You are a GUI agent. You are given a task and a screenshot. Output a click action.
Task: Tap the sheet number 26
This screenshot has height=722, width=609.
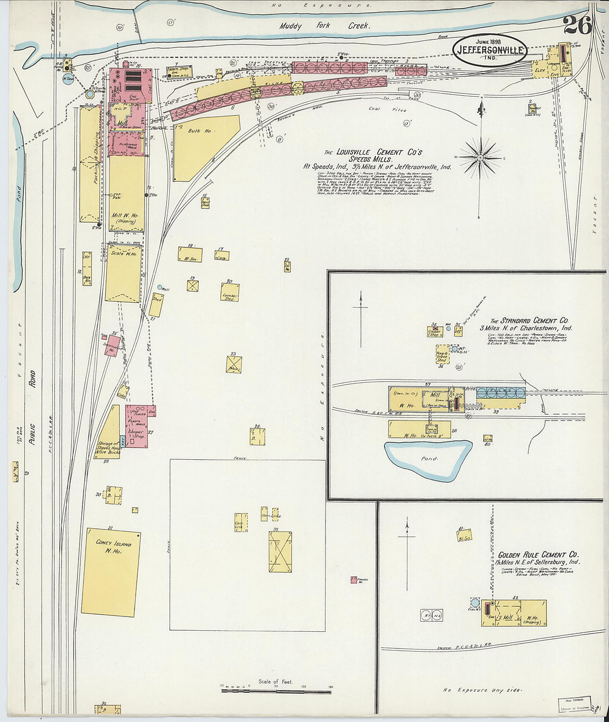click(x=577, y=24)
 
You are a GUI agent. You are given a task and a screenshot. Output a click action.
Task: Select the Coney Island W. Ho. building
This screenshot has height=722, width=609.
click(x=111, y=573)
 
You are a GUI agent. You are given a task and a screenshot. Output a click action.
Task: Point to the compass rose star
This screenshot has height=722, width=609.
click(x=481, y=157)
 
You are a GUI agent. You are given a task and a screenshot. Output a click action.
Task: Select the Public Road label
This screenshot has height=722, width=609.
click(x=32, y=404)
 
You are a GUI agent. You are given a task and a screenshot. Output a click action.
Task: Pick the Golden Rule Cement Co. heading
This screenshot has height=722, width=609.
click(x=538, y=554)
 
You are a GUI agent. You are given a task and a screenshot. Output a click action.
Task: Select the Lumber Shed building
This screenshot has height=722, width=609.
click(x=229, y=292)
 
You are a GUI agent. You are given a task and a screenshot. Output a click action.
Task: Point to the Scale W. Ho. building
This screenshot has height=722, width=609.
click(x=123, y=274)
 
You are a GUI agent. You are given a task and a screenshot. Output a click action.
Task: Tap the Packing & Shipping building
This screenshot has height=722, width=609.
click(x=90, y=163)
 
